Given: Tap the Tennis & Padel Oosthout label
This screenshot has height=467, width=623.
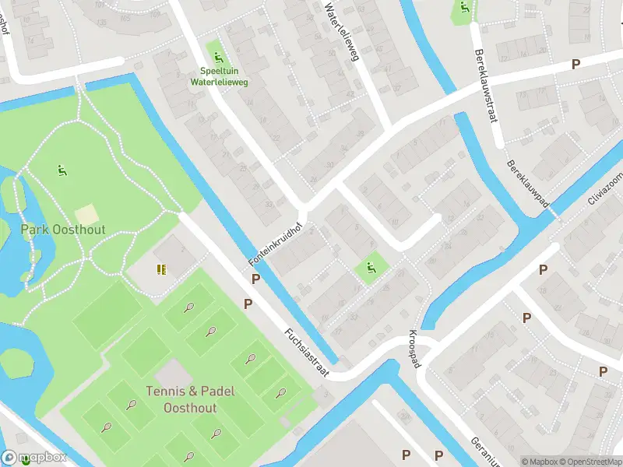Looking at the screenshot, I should click(x=189, y=399).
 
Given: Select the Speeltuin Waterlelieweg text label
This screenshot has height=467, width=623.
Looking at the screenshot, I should click(x=220, y=76).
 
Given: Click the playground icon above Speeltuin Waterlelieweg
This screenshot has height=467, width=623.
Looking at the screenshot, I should click(x=218, y=57).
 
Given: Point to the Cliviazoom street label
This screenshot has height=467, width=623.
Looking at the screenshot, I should click(x=605, y=188).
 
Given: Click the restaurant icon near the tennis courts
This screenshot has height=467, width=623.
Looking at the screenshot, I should click(x=160, y=269).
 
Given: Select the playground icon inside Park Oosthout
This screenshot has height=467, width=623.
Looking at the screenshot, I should click(x=61, y=169).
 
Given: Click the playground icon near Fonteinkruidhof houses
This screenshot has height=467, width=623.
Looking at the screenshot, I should click(x=371, y=269).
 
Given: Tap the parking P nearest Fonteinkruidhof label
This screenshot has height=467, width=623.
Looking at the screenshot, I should click(x=255, y=279).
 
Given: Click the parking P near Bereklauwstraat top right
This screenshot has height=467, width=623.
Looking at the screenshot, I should click(x=575, y=65).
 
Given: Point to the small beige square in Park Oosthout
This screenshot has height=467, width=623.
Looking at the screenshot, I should click(x=87, y=213).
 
